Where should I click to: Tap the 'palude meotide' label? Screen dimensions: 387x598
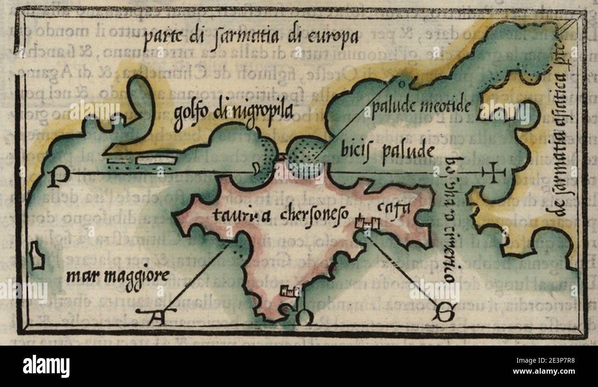coord(421,106)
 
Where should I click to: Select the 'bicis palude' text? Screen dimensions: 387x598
coord(387,150)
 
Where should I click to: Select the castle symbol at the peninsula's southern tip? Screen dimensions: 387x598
coord(290,290)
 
